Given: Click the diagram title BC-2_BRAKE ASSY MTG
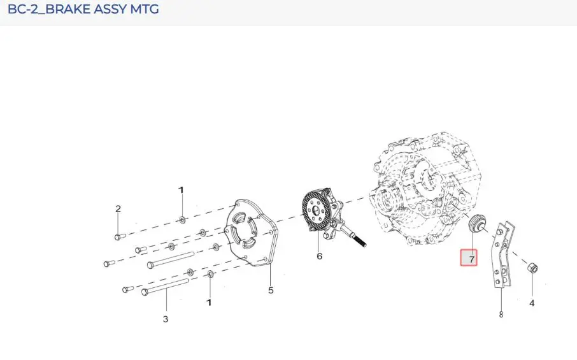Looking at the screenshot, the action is [x=83, y=9].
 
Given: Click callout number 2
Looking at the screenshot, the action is [x=118, y=209].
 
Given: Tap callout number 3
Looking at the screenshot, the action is [x=166, y=319].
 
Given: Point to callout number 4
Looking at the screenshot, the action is [x=532, y=303].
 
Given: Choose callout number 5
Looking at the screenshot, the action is [x=271, y=290].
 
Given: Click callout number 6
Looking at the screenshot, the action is [x=320, y=256].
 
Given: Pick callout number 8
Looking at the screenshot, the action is [x=501, y=314].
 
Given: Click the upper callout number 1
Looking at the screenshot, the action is [x=181, y=190].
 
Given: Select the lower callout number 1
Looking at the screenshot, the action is [x=209, y=303].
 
